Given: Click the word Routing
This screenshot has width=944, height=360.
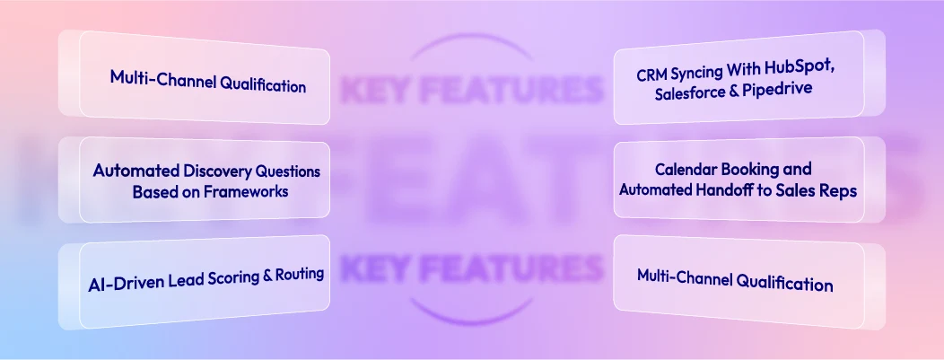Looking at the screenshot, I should point(299,274).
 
